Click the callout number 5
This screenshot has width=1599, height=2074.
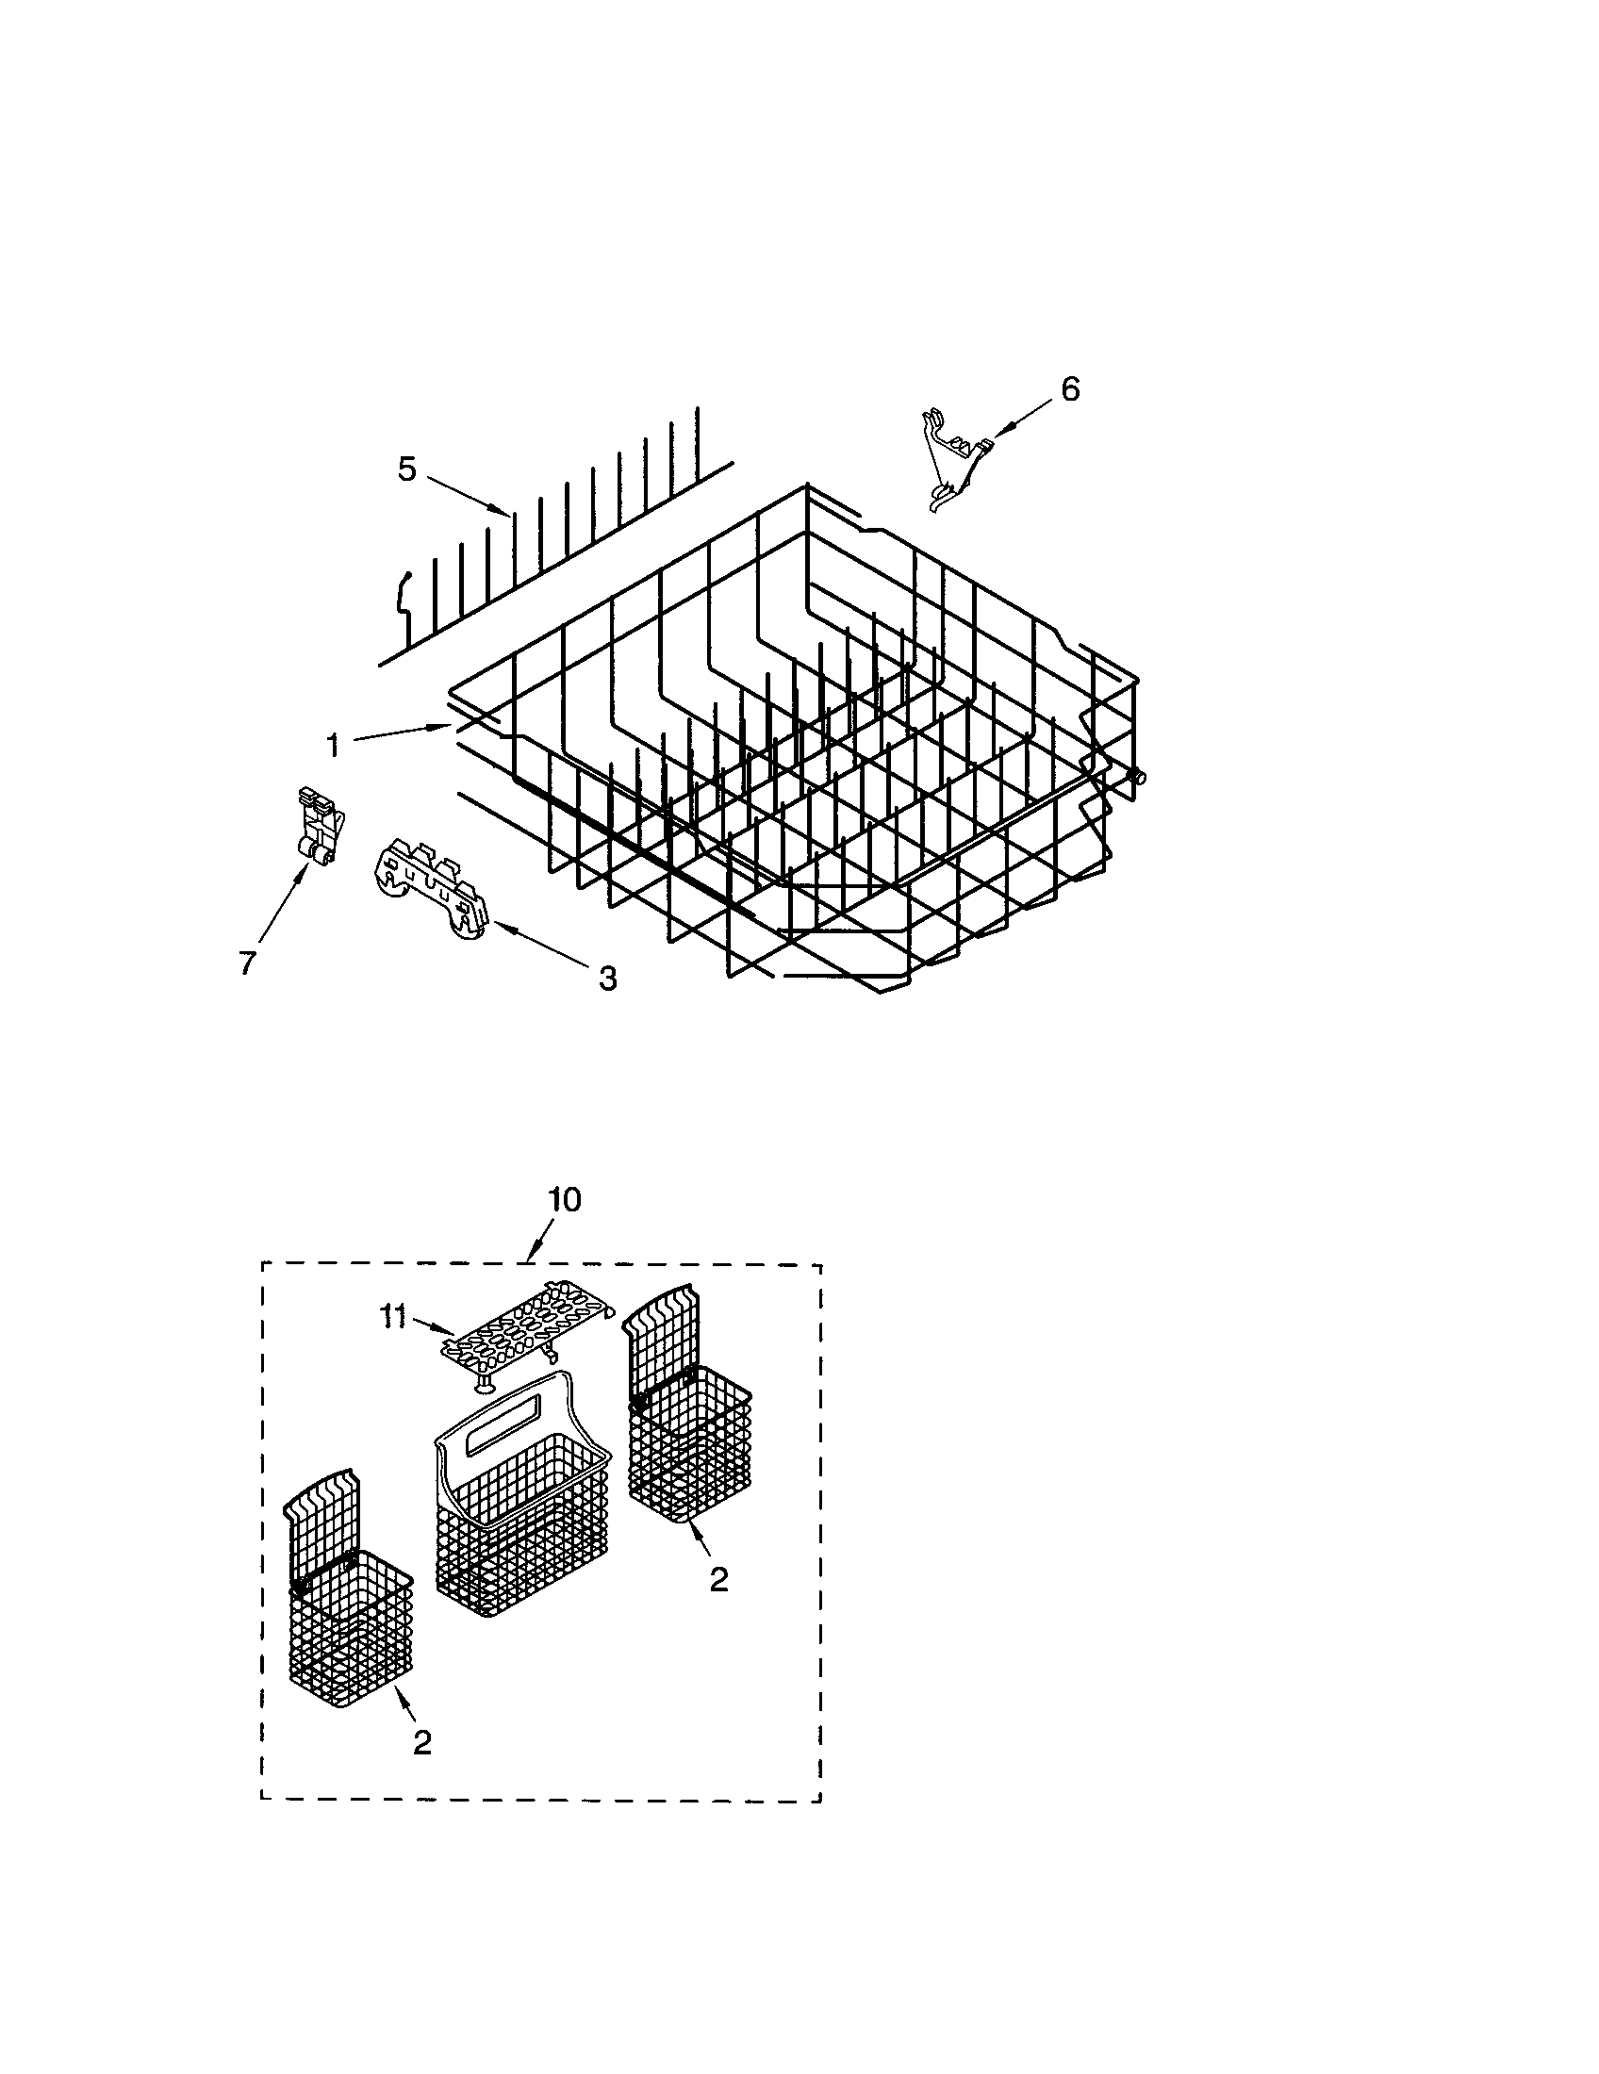click(406, 469)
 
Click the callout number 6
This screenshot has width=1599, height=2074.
click(1070, 388)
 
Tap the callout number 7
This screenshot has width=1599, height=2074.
click(246, 962)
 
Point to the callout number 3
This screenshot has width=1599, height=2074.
click(607, 978)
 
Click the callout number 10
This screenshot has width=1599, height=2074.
click(564, 1199)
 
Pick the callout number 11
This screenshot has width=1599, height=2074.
click(394, 1317)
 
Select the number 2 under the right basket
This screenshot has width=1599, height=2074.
click(718, 1579)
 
